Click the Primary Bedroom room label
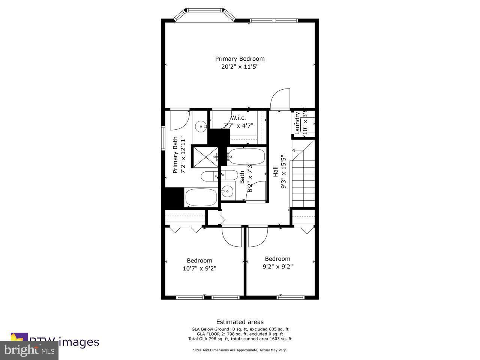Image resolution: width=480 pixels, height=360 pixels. click(x=240, y=59)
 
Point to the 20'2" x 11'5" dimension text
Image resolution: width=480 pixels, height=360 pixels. click(x=240, y=67)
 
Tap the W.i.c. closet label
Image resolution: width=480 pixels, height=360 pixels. click(x=238, y=118)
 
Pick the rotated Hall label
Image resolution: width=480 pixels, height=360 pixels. click(x=276, y=172)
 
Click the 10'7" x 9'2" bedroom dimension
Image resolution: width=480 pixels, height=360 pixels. click(x=199, y=268)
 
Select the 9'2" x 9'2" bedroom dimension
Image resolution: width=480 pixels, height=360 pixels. click(x=277, y=267)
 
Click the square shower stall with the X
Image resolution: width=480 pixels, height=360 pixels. click(x=205, y=157)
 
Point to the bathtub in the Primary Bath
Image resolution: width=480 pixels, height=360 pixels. click(x=201, y=197)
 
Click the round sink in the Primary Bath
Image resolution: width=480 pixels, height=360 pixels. click(x=201, y=126)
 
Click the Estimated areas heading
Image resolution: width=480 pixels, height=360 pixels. click(x=240, y=322)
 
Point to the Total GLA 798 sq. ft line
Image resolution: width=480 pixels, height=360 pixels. click(x=240, y=339)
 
